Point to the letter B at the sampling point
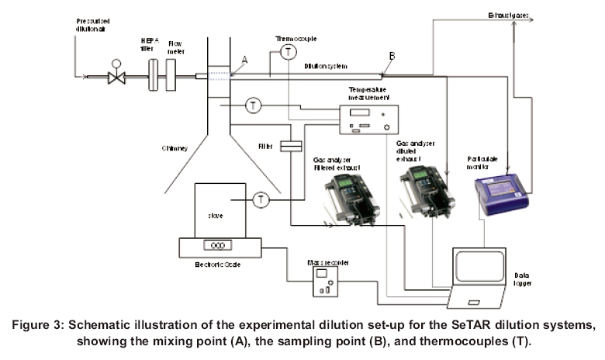click(x=392, y=56)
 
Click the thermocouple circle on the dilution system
click(x=289, y=52)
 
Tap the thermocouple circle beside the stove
click(x=262, y=200)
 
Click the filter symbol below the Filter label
click(x=290, y=145)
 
